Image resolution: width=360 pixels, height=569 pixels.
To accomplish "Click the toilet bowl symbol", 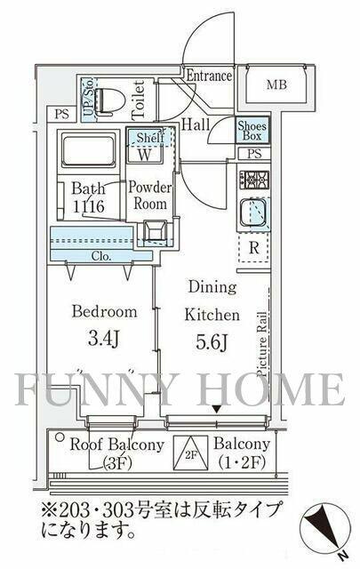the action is pos(108,99).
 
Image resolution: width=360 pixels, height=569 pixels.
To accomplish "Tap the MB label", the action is pos(276,85).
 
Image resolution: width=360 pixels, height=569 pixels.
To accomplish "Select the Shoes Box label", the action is pos(252,131).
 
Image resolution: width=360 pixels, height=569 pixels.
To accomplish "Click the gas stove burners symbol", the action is pos(253,180).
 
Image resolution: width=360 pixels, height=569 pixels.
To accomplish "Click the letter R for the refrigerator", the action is pos(254,248).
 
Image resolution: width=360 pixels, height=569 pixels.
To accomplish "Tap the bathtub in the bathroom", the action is pos(88,150).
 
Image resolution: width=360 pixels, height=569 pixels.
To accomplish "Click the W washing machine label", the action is pos(144,155).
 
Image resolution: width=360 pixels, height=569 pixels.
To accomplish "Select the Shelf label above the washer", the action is pos(150,138).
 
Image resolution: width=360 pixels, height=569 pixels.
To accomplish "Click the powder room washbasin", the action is pos(155,230).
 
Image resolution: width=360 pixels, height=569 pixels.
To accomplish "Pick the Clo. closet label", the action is pos(101,256).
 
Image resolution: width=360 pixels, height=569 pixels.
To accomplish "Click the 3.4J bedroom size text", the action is pos(103,338).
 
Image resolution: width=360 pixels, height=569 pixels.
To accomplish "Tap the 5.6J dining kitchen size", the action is pos(212,341).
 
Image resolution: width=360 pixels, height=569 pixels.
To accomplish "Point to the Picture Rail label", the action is pos(263,344).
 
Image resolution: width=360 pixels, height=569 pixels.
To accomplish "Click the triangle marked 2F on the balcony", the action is pos(190,453).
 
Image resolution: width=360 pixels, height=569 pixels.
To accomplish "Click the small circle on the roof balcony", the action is pos(59,437).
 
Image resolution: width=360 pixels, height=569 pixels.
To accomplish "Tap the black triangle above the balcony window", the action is pos(217,409).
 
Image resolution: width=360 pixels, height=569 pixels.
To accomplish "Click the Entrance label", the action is pos(209,76).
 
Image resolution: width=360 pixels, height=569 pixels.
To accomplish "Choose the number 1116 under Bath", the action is pos(89,206).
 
